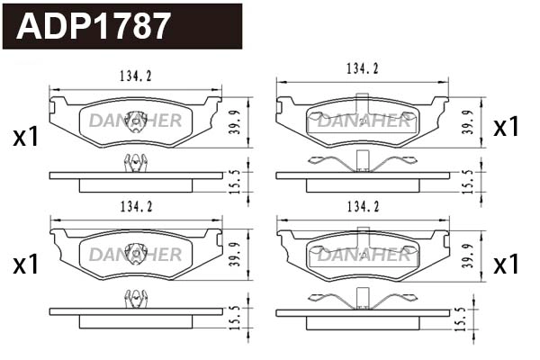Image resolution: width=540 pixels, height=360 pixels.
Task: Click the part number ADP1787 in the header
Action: [x=94, y=25]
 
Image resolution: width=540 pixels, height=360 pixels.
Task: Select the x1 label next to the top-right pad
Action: [x=507, y=128]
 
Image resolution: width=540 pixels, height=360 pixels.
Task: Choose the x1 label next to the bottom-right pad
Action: [x=507, y=264]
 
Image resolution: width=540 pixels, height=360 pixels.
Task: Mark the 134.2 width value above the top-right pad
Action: [x=362, y=68]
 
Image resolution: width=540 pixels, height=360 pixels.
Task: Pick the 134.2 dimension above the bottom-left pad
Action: [x=135, y=207]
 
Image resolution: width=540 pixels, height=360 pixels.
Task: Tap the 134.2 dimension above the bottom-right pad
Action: [x=362, y=207]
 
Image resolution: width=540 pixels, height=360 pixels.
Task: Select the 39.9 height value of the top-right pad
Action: [x=467, y=121]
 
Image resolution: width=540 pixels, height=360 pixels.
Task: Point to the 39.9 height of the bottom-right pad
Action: [x=467, y=253]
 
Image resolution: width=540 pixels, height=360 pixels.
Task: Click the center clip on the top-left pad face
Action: [x=135, y=119]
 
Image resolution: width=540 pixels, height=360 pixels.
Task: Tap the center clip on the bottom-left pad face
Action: [x=135, y=253]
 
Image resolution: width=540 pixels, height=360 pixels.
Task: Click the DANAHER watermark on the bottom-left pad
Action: [x=135, y=255]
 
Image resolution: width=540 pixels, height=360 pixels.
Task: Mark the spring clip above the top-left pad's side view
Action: [x=135, y=162]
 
